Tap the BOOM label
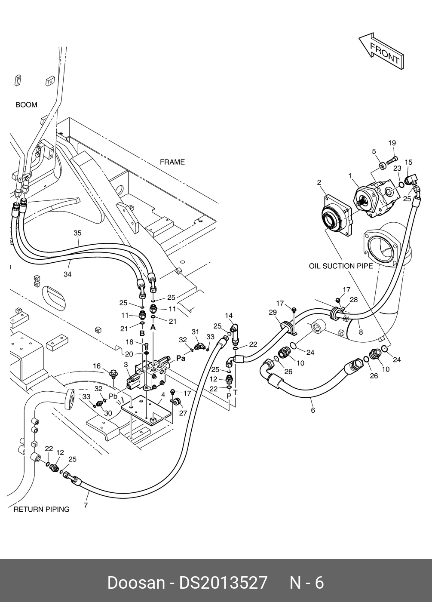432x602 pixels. [x=26, y=105]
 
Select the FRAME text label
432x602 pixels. [x=172, y=162]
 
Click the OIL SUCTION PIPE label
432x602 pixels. [x=341, y=266]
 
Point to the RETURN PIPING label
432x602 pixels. [x=41, y=510]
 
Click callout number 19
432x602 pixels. [x=392, y=143]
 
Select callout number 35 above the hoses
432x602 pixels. [x=77, y=233]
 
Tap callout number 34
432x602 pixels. [x=67, y=274]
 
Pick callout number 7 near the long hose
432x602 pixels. [x=86, y=505]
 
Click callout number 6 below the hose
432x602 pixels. [x=313, y=411]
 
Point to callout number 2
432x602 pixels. [x=319, y=183]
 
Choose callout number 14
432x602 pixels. [x=229, y=316]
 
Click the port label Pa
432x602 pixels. [x=181, y=358]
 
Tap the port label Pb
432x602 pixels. [x=113, y=396]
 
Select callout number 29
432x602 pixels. [x=273, y=313]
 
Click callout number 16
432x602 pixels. [x=97, y=366]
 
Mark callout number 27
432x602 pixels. [x=184, y=413]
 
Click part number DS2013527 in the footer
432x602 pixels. [x=224, y=583]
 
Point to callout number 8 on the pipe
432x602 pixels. [x=361, y=332]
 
